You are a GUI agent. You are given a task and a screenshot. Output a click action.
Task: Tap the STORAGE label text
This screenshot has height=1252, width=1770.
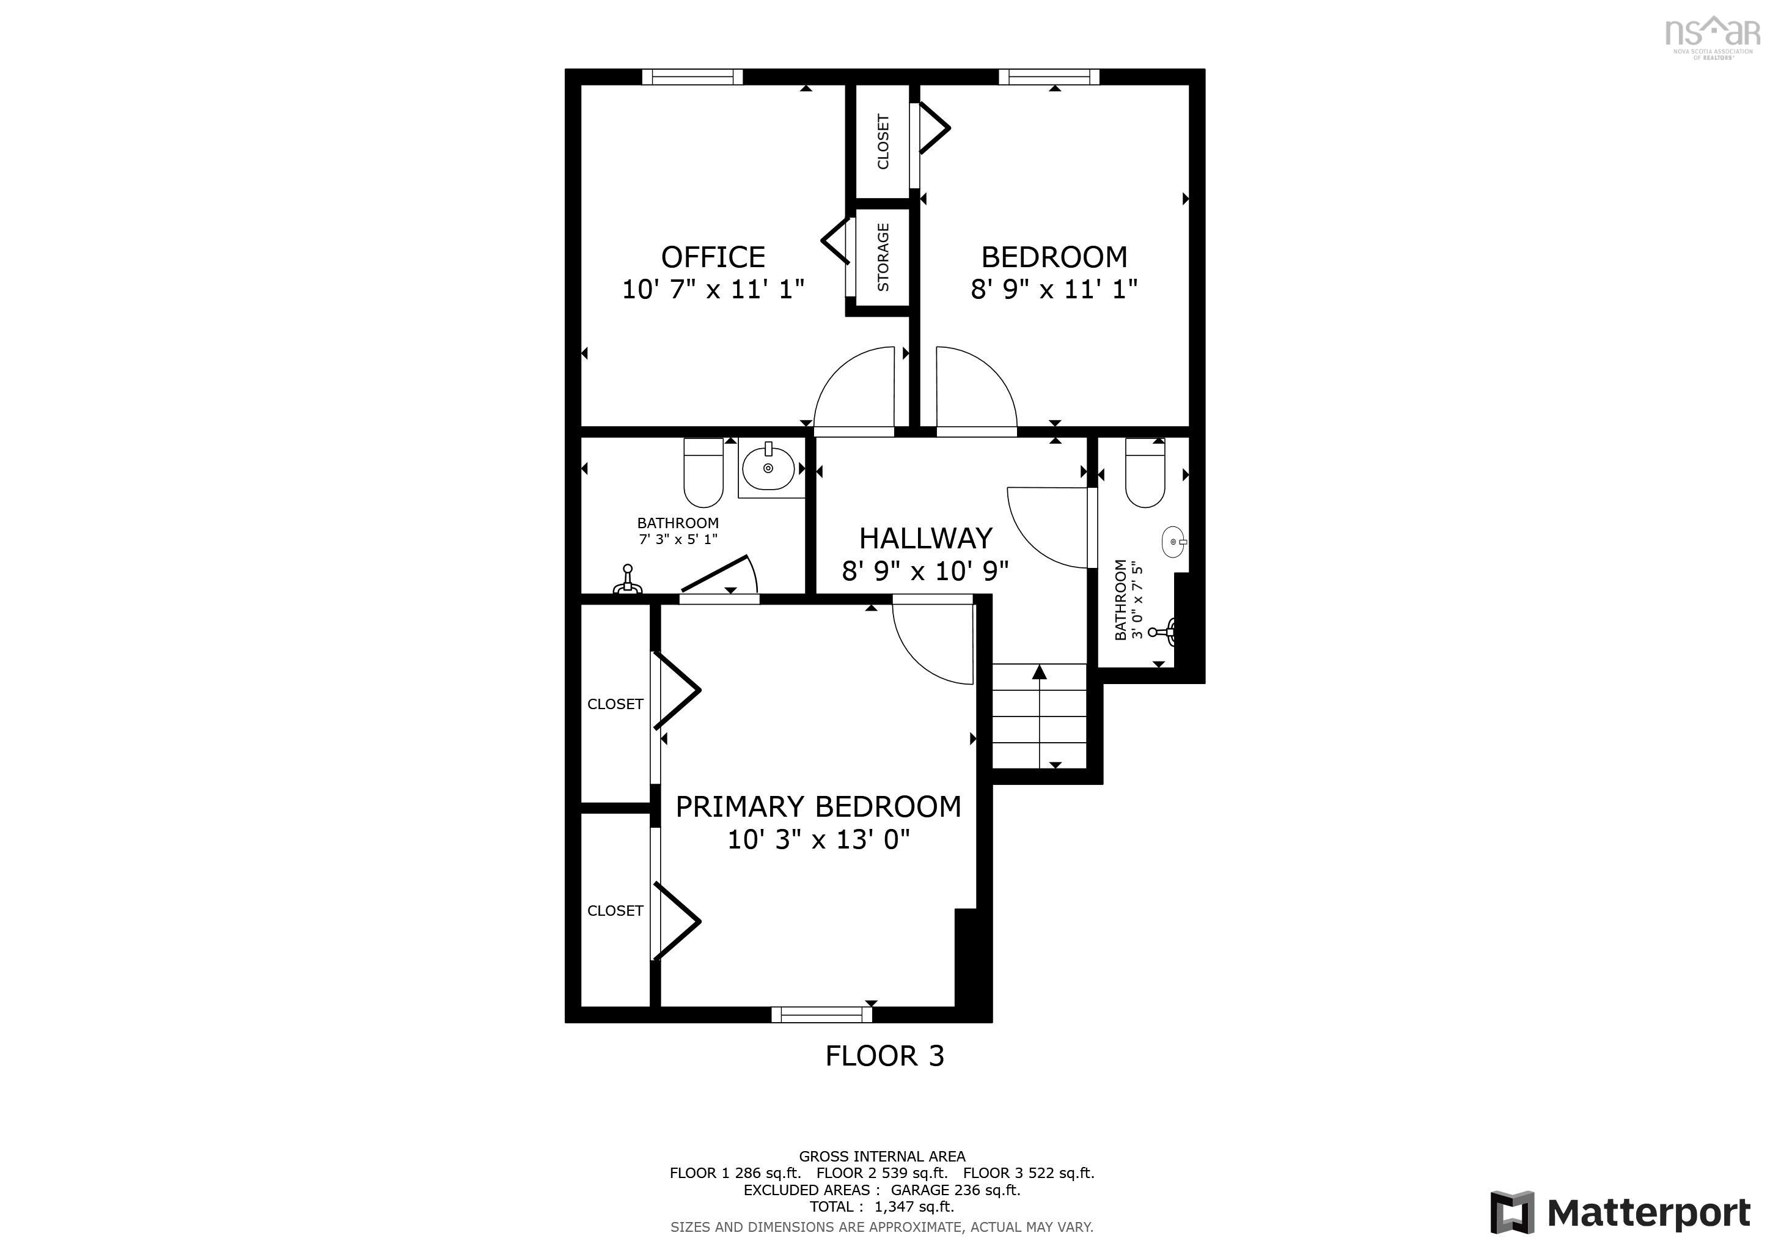tap(883, 257)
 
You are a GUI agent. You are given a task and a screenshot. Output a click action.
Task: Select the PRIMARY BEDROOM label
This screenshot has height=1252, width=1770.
tap(818, 806)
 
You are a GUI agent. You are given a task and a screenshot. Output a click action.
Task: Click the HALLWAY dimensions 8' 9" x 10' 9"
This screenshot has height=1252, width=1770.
tap(925, 571)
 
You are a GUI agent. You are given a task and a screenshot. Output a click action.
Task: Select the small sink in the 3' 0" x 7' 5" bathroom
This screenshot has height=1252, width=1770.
tap(1173, 542)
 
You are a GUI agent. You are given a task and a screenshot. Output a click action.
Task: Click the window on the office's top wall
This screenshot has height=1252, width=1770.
tap(692, 76)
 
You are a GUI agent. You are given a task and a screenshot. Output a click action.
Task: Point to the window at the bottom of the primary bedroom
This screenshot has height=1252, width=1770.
tap(822, 1015)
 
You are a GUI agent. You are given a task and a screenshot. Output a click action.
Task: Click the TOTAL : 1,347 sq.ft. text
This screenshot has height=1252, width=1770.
tap(881, 1207)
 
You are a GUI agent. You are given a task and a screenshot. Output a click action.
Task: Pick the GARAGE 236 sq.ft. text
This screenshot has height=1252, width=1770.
tap(955, 1190)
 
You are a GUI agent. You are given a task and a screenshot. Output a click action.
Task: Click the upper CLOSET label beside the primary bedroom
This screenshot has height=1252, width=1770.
tap(614, 704)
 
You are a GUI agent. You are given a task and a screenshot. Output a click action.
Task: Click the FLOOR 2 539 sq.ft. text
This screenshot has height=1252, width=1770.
tap(882, 1173)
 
